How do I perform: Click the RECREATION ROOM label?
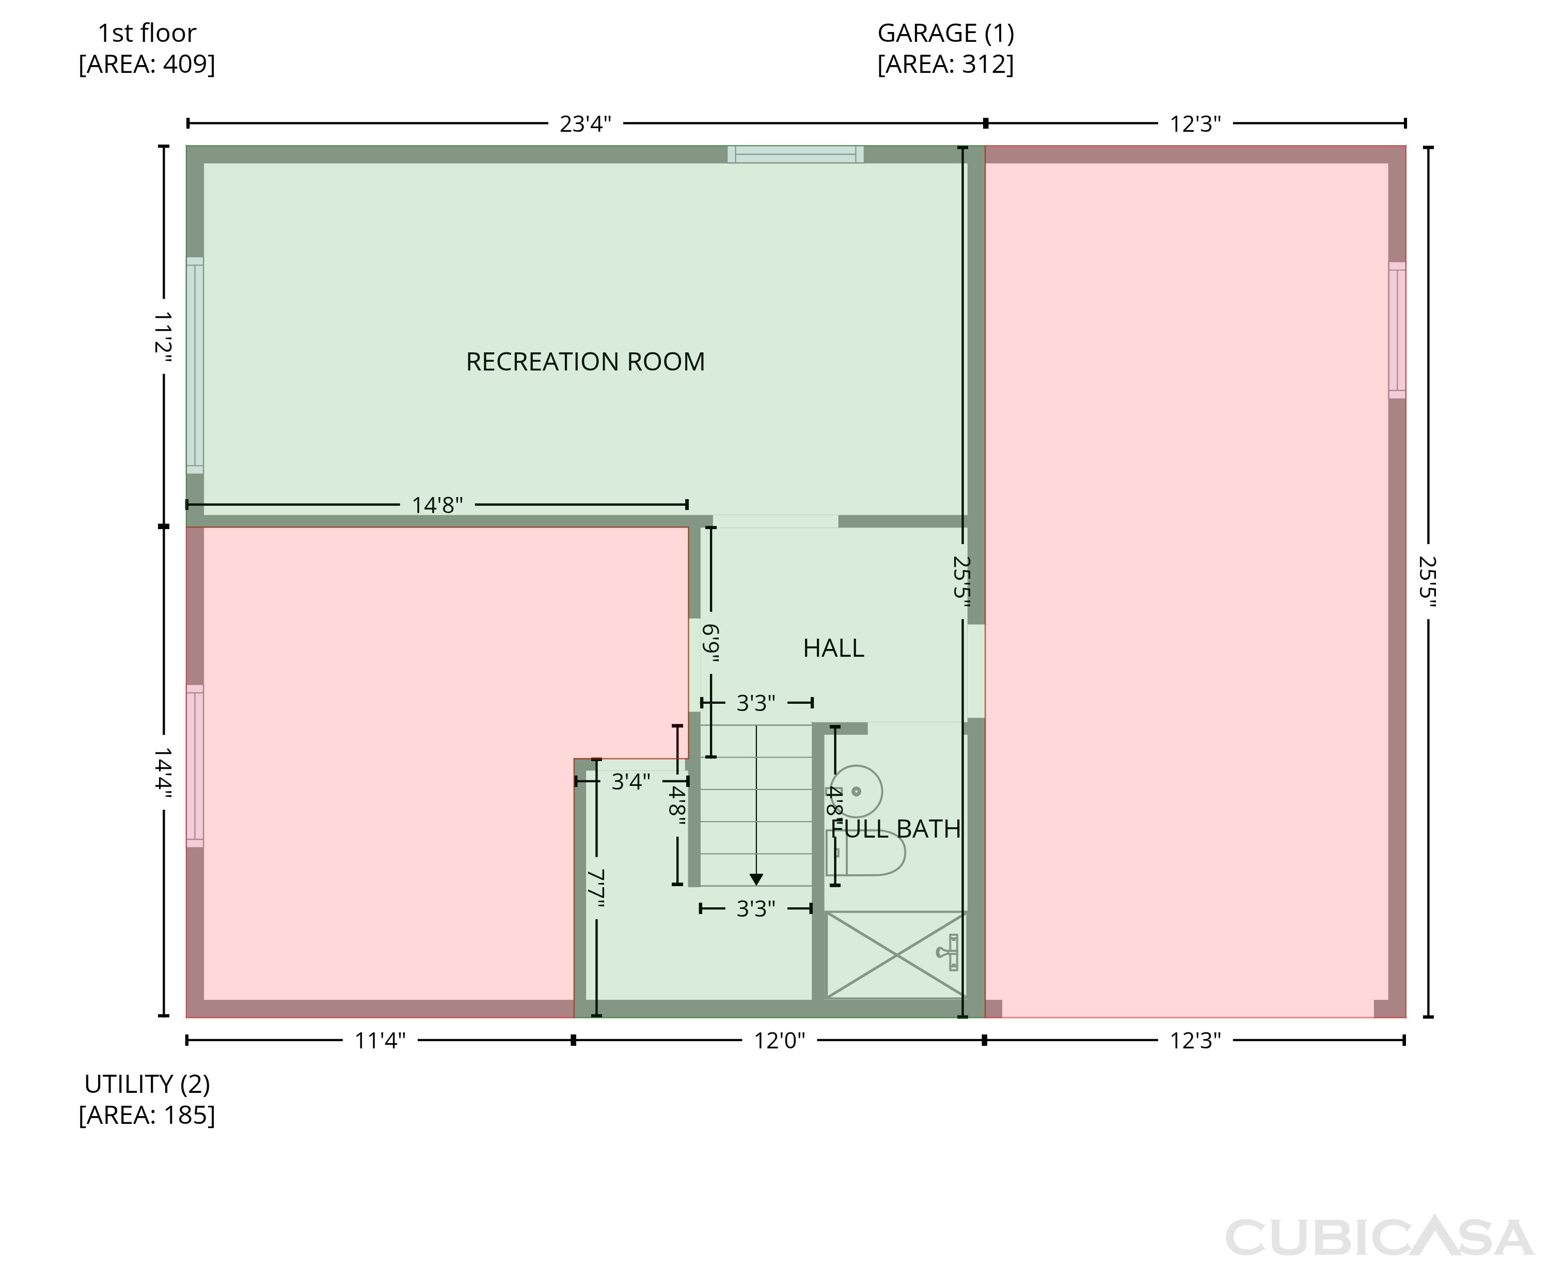click(x=586, y=362)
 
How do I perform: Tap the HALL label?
click(x=834, y=648)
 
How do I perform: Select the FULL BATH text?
click(x=896, y=829)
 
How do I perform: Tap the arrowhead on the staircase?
click(x=756, y=879)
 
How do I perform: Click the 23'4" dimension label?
click(x=586, y=124)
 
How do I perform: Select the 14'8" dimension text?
click(x=437, y=505)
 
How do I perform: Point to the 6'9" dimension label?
click(x=711, y=643)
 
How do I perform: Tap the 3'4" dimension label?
click(x=630, y=782)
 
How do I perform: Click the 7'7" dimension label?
click(x=596, y=888)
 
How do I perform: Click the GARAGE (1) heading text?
click(x=946, y=33)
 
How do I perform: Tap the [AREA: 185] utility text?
click(x=147, y=1116)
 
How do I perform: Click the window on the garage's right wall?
click(x=1397, y=330)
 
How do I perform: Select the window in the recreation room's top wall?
click(x=796, y=154)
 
